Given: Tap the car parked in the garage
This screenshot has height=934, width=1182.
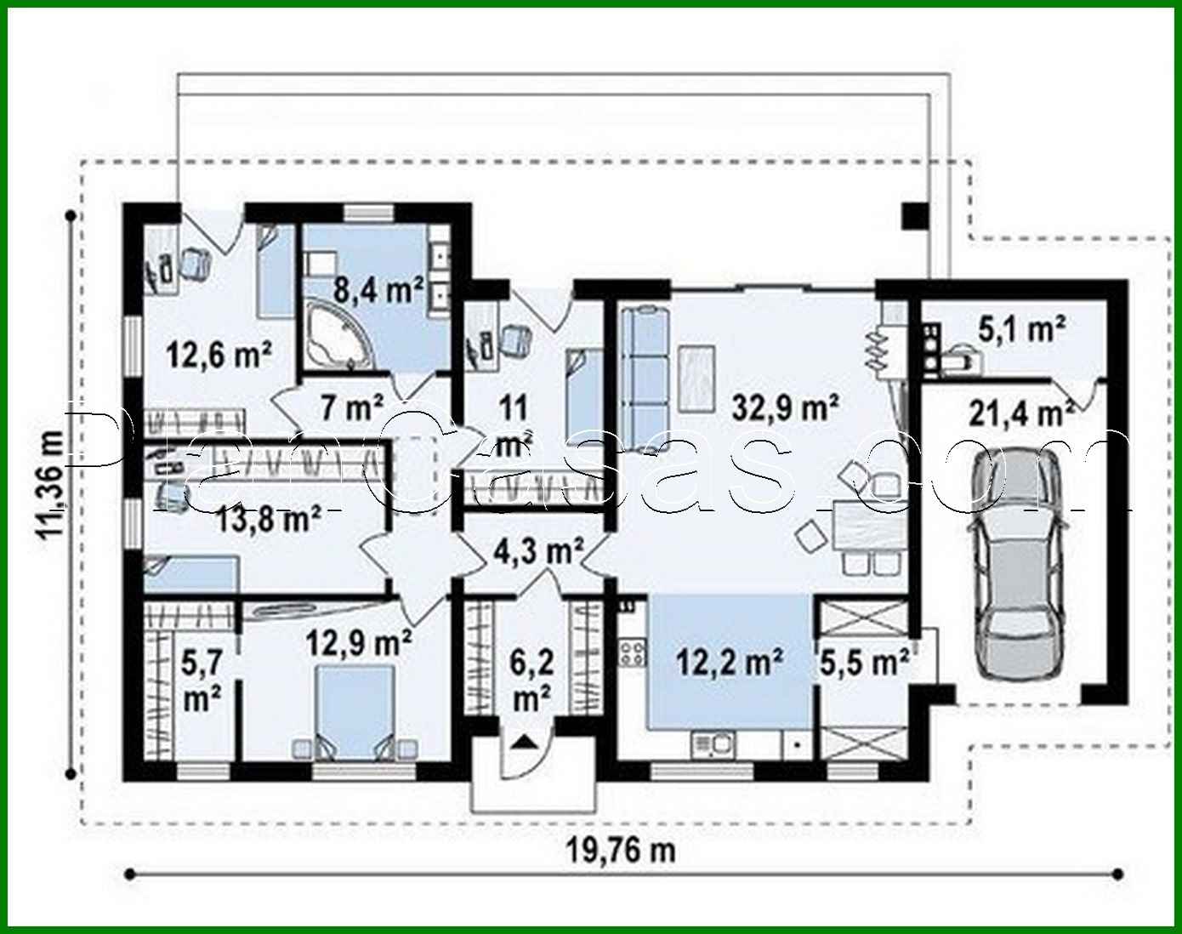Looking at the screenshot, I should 1016,563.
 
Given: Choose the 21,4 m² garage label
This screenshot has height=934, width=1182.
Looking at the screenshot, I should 1020,414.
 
